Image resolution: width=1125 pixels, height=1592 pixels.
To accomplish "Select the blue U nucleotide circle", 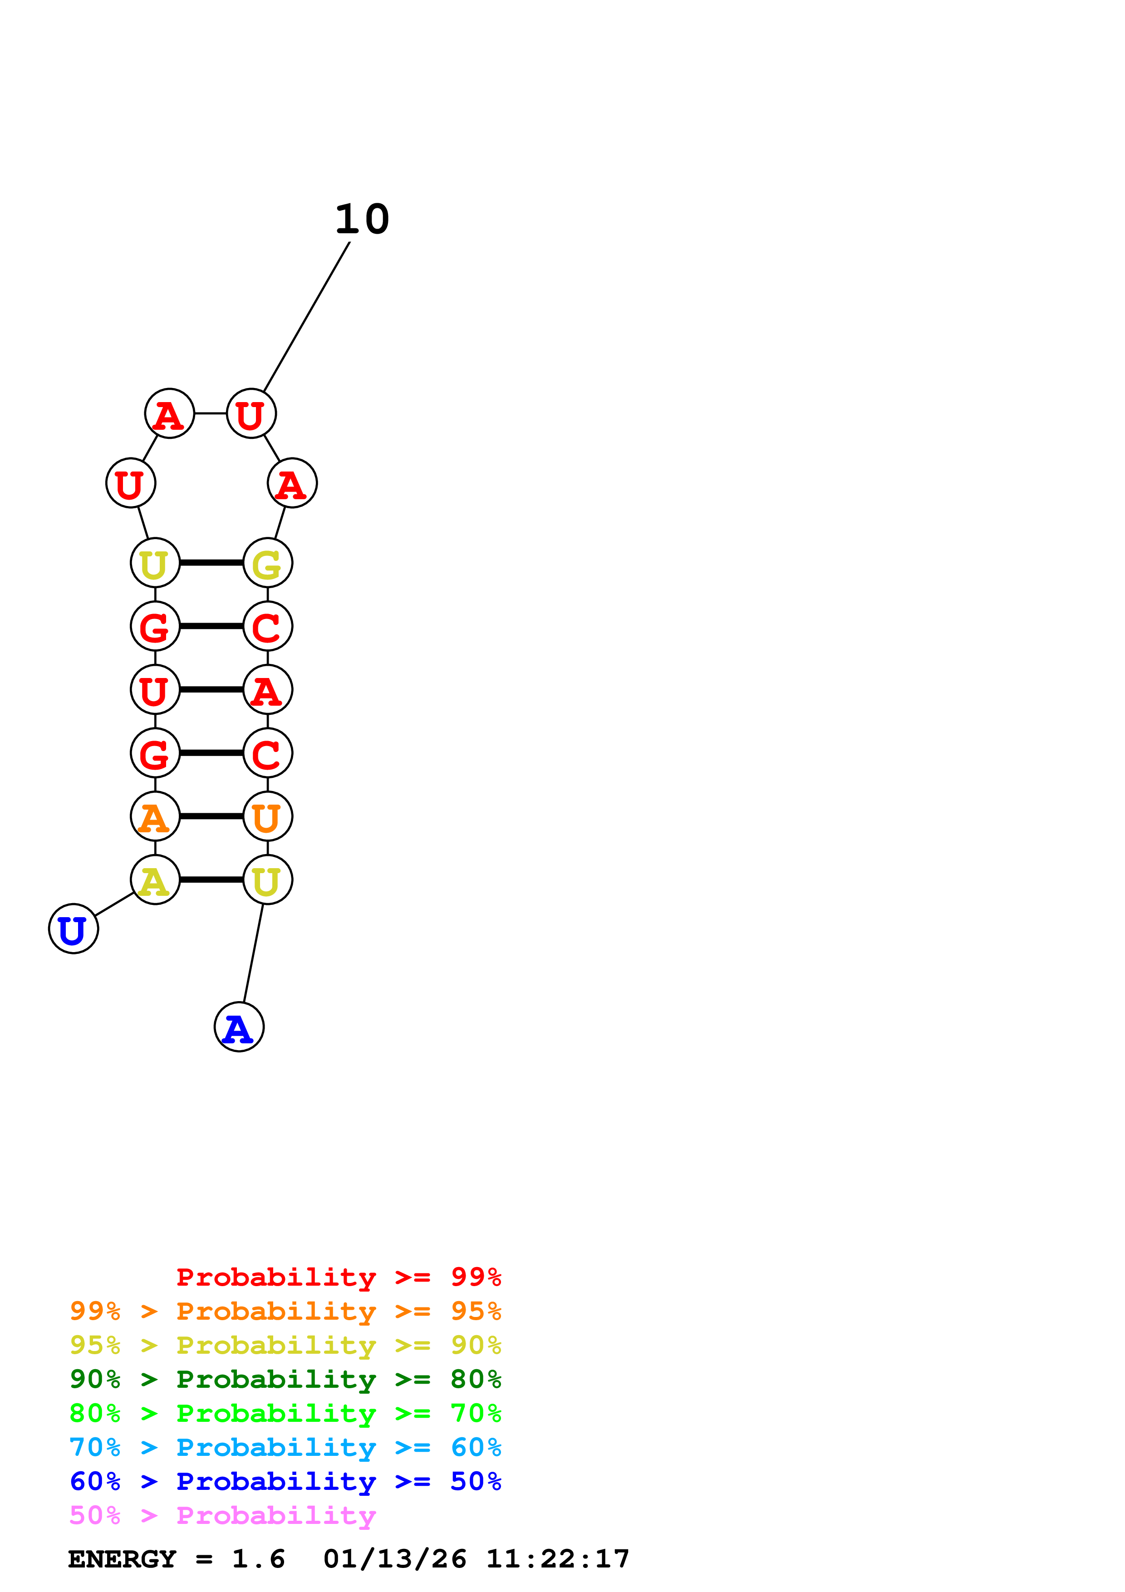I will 74,929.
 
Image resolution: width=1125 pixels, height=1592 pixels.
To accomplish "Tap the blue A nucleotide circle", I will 239,1027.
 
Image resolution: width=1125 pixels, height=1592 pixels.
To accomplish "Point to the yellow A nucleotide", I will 155,880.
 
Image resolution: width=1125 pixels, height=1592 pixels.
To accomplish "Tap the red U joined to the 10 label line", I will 251,413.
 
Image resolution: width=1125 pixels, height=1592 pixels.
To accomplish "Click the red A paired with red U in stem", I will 268,689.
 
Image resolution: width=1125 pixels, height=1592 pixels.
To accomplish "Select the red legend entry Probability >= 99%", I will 338,1277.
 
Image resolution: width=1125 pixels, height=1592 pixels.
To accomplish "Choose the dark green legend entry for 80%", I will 285,1379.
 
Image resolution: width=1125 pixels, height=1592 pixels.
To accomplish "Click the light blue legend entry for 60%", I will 285,1447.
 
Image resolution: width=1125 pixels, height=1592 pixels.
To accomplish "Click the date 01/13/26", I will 394,1559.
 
